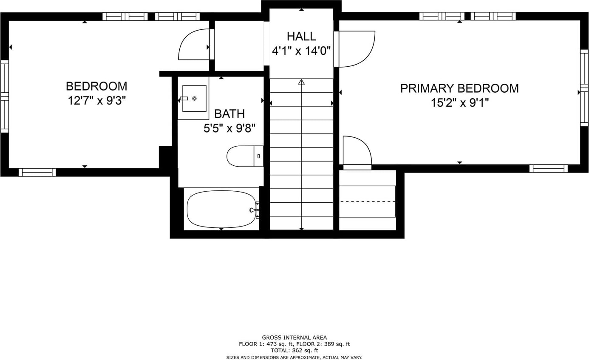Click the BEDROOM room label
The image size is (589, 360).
pyautogui.click(x=96, y=86)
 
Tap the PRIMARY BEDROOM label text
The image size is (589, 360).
pyautogui.click(x=459, y=88)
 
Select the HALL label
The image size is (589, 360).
pyautogui.click(x=301, y=37)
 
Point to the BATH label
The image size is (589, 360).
pyautogui.click(x=229, y=114)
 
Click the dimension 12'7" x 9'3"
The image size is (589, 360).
pyautogui.click(x=97, y=100)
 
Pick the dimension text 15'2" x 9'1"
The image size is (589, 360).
pyautogui.click(x=460, y=102)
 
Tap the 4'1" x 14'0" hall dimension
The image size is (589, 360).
pyautogui.click(x=301, y=51)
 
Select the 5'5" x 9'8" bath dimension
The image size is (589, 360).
pyautogui.click(x=229, y=128)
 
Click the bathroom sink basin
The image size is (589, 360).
pyautogui.click(x=194, y=98)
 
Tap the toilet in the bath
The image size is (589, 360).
pyautogui.click(x=245, y=156)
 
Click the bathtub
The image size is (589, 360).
pyautogui.click(x=221, y=209)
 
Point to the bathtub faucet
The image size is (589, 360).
pyautogui.click(x=253, y=210)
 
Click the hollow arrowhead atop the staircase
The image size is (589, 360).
pyautogui.click(x=301, y=82)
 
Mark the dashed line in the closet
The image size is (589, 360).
pyautogui.click(x=367, y=202)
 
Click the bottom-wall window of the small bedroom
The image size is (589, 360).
pyautogui.click(x=37, y=173)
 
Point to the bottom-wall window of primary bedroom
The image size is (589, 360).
pyautogui.click(x=549, y=169)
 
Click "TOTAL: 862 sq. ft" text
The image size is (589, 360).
pyautogui.click(x=294, y=351)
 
